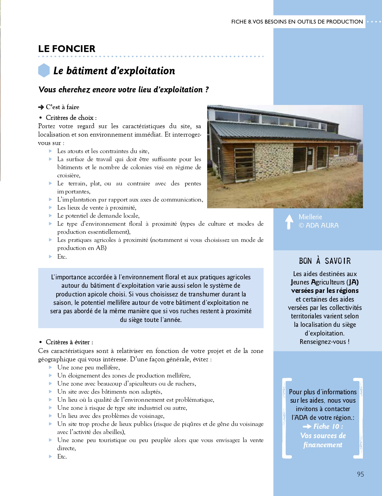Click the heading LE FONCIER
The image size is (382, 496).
click(67, 49)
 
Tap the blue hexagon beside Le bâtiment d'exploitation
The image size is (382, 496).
click(44, 70)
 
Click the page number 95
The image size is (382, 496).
click(360, 474)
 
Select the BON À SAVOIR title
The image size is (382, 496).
click(324, 261)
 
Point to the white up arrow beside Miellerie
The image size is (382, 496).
click(289, 222)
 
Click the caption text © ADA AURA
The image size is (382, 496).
click(318, 225)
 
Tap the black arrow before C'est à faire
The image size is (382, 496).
click(41, 107)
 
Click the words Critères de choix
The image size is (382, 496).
click(69, 118)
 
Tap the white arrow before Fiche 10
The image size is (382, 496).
click(307, 427)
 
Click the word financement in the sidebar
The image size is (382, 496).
click(323, 445)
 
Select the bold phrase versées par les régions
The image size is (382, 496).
click(324, 291)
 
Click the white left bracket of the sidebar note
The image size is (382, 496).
click(286, 418)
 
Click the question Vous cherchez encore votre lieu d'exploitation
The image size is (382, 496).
click(123, 89)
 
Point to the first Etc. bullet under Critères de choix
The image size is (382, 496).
click(62, 257)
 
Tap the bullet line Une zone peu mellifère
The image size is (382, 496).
click(88, 367)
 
